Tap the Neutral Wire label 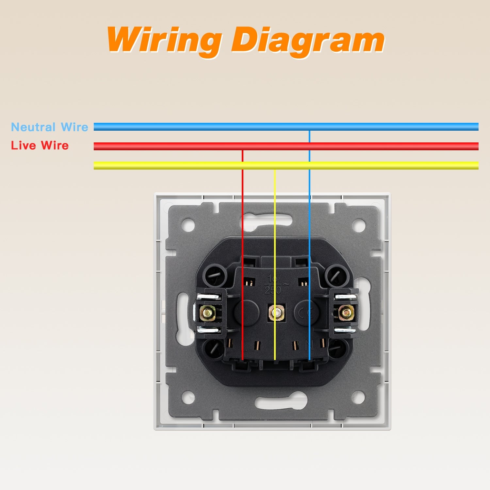tap(50, 127)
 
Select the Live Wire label tap(40, 145)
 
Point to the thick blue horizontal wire tap(196, 127)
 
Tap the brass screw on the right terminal tap(346, 313)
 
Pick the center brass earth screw tap(276, 313)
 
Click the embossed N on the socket tap(307, 344)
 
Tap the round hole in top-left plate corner tap(188, 225)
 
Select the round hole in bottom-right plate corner tap(358, 397)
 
